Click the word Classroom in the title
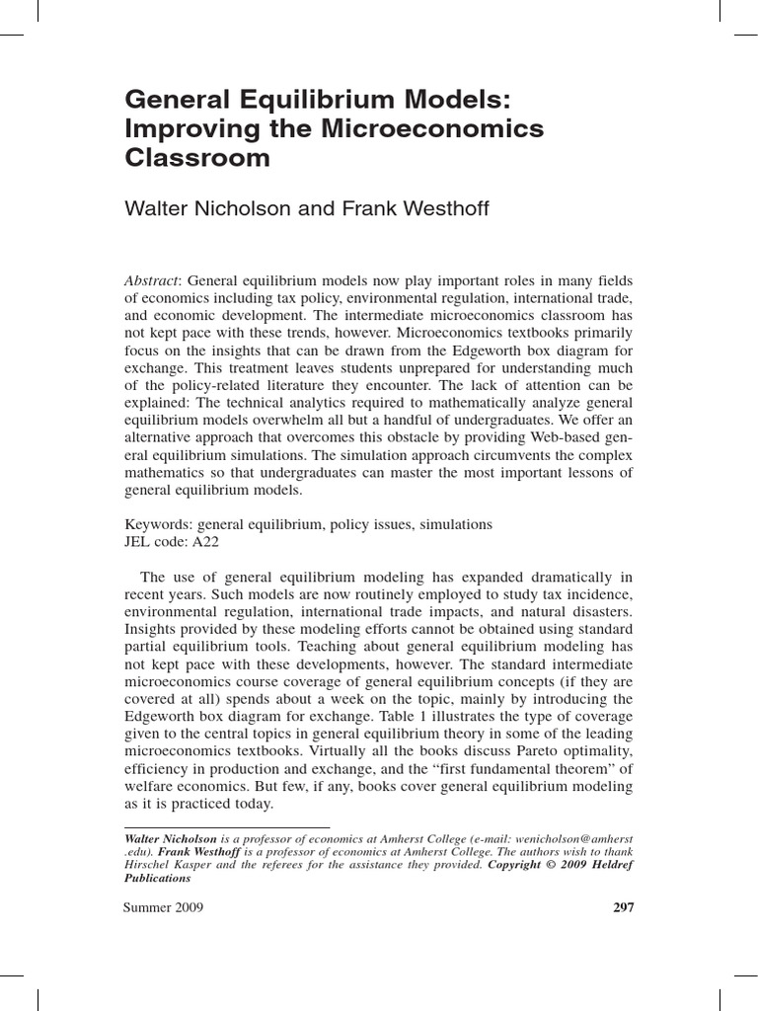tap(197, 158)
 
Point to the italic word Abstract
tap(153, 280)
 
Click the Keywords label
tap(158, 524)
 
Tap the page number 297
tap(623, 908)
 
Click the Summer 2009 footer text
tap(164, 908)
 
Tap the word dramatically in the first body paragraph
tap(555, 577)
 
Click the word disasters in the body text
tap(603, 612)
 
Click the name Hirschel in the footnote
tap(149, 865)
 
